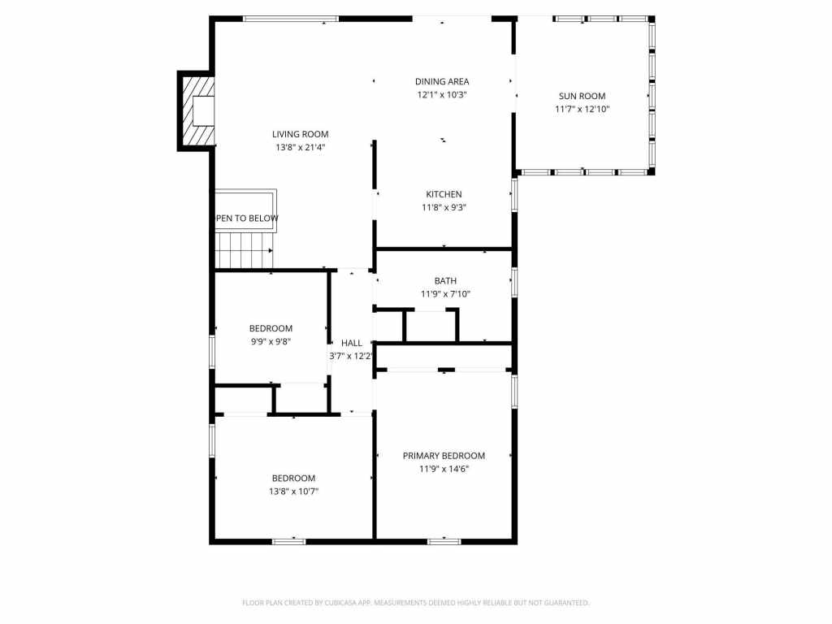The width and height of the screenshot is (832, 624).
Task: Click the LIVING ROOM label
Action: (300, 134)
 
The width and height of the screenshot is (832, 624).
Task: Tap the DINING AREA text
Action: (442, 81)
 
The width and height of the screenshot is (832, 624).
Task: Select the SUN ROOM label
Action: (581, 96)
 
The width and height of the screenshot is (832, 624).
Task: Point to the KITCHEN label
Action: (444, 194)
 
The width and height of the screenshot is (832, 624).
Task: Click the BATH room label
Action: (444, 281)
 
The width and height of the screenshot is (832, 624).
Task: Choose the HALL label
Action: (352, 343)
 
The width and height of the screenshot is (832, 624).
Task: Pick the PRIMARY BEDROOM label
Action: (444, 456)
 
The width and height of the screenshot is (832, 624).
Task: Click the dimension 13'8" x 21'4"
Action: (300, 147)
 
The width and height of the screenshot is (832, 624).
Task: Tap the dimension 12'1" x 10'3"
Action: (442, 94)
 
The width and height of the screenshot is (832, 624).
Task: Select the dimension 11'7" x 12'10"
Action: (582, 109)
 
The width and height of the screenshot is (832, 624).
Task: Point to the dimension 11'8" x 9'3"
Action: (444, 207)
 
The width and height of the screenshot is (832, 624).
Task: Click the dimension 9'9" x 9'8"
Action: (271, 341)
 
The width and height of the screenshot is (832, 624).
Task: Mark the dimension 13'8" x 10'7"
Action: (293, 491)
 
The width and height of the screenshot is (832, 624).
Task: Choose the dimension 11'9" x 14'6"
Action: (444, 469)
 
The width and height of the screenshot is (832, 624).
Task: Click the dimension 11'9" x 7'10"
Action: (445, 294)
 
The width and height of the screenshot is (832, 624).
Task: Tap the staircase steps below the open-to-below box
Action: (244, 249)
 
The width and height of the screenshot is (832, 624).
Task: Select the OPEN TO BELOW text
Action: (247, 219)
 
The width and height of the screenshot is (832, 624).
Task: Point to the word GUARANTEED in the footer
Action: (564, 603)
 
